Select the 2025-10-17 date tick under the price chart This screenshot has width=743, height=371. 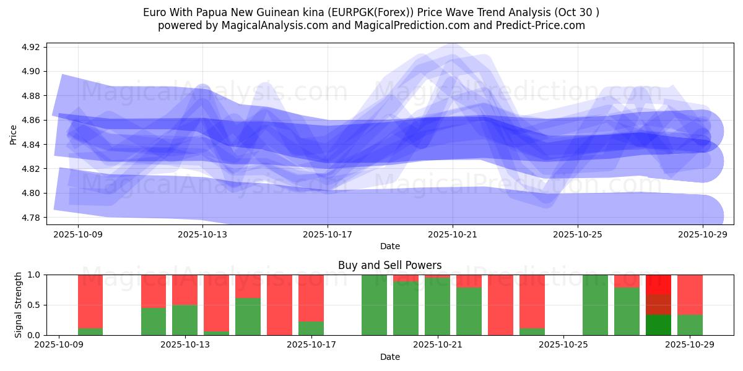click(328, 234)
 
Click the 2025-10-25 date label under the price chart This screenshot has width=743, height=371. click(578, 234)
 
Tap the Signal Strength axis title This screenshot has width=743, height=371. click(18, 305)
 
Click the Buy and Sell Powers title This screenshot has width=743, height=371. click(389, 265)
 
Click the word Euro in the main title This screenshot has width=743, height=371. click(154, 12)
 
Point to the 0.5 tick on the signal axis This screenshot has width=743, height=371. click(34, 305)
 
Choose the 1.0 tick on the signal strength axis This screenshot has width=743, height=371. click(34, 275)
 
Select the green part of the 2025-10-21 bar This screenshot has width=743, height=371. click(437, 306)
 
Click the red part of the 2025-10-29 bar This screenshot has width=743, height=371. click(690, 294)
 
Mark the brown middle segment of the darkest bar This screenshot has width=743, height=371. click(658, 304)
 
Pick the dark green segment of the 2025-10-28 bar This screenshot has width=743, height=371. click(658, 325)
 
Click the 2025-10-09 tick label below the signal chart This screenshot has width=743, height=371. click(59, 345)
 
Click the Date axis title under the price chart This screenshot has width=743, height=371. click(389, 246)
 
